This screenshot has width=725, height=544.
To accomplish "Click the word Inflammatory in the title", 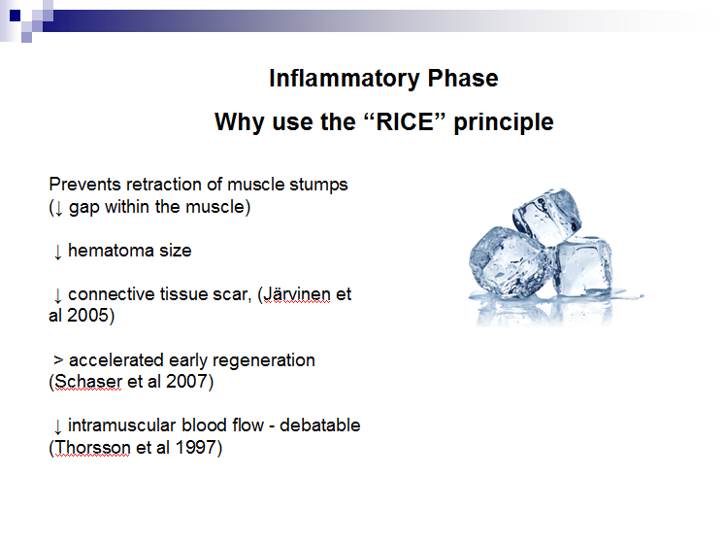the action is point(345,79).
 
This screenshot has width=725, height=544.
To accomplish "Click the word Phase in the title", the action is point(463,78).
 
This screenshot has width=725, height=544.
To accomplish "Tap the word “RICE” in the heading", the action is point(405,121).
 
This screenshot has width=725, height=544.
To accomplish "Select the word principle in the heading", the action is point(504,123).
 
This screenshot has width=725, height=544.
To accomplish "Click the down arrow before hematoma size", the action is point(58,252).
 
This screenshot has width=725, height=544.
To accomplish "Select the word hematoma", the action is point(111,251).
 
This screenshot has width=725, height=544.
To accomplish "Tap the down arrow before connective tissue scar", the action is point(58,295).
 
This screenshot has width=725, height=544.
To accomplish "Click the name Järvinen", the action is point(297,294).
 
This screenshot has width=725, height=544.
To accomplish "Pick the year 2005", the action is point(90,316).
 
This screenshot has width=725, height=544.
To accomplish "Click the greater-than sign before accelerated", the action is point(58,359).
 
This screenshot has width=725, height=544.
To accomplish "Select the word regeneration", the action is point(264,361).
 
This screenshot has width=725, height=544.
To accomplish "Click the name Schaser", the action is point(88,382).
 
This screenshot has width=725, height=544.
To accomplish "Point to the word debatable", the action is point(320,425).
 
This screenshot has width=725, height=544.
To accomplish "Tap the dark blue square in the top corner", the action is point(16,16).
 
